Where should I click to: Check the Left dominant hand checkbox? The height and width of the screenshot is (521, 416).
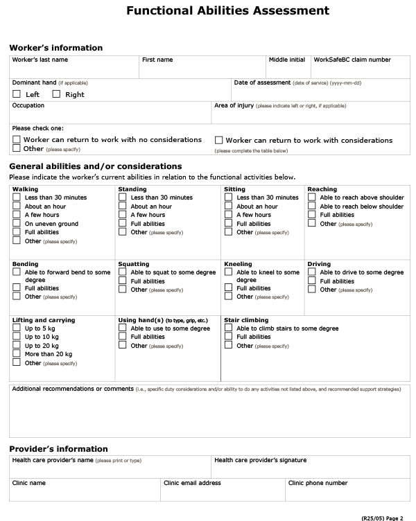tap(17, 94)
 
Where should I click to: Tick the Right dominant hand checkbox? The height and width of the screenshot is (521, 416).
tap(56, 94)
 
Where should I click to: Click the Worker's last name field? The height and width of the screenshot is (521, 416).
tap(74, 69)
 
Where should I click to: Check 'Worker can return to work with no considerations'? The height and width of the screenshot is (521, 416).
tap(17, 139)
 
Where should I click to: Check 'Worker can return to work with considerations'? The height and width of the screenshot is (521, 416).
tap(219, 139)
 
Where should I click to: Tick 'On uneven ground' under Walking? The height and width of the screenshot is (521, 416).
tap(17, 224)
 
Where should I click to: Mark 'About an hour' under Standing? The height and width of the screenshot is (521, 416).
tap(123, 206)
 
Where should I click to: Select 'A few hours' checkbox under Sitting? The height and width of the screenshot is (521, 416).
tap(229, 215)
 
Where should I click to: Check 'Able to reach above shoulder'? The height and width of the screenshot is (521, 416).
tap(312, 197)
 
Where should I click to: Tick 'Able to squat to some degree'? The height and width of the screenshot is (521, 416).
tap(123, 272)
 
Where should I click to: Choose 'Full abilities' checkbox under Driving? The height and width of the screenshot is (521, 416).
tap(312, 281)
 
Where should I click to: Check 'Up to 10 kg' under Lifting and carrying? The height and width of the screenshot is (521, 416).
tap(17, 337)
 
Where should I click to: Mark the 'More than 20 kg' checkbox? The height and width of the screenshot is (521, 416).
tap(17, 354)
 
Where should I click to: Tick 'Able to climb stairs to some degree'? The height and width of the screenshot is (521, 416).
tap(229, 328)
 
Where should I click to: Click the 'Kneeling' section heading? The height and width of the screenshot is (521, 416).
tap(238, 264)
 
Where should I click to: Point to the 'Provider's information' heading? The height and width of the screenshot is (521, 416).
tap(58, 449)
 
